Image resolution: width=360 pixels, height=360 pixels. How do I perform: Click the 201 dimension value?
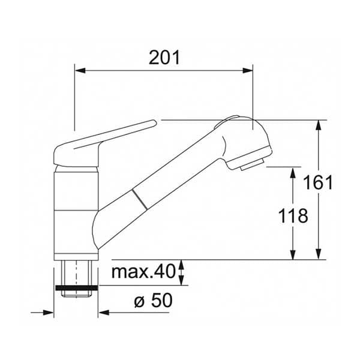pos(164,58)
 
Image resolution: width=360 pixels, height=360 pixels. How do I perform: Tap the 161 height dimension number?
pos(318,182)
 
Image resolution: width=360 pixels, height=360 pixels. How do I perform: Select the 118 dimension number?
pos(293,216)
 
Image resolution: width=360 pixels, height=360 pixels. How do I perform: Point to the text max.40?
pos(144,272)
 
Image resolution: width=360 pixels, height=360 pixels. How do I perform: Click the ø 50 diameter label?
pos(153,301)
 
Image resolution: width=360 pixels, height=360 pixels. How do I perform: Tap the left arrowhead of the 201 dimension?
pos(80,70)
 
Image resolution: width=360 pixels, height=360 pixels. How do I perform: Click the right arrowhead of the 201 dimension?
pos(247,70)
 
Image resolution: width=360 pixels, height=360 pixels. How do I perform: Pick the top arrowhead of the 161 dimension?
pos(318,125)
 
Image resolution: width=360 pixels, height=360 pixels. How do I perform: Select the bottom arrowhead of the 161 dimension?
pos(318,254)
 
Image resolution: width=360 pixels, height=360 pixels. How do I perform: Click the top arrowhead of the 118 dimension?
pos(293,173)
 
